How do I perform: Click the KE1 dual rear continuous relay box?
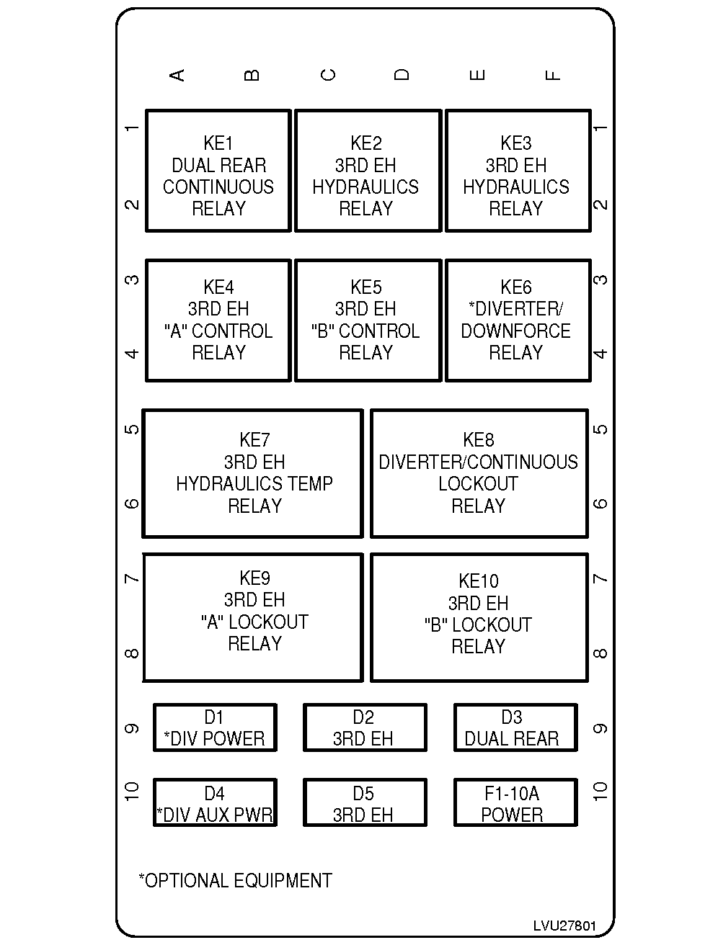[x=218, y=171]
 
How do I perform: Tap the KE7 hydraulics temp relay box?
[x=252, y=473]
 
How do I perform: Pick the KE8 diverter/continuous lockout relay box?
[x=479, y=473]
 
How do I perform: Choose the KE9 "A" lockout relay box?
[x=252, y=617]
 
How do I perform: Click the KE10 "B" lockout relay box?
[x=479, y=617]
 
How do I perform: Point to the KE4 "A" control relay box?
[x=218, y=321]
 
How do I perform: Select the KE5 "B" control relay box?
[x=367, y=321]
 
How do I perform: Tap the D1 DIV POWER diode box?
[x=215, y=727]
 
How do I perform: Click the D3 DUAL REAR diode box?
[x=515, y=727]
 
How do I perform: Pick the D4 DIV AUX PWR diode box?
[x=215, y=802]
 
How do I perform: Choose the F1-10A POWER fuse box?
[x=515, y=802]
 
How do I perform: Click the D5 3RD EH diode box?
[x=364, y=802]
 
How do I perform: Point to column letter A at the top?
[x=177, y=75]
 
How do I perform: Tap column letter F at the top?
[x=552, y=75]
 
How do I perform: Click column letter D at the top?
[x=402, y=75]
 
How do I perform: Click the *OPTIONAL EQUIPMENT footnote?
[x=235, y=880]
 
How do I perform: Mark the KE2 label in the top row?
[x=366, y=143]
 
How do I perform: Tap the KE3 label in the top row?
[x=516, y=143]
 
